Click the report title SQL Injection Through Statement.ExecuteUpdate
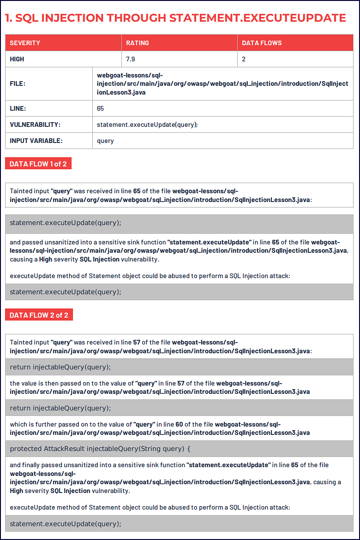point(175,18)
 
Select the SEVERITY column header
point(25,43)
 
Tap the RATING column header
point(138,43)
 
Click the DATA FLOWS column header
point(262,43)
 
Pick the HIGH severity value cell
point(17,59)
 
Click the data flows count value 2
point(244,59)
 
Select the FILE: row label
point(18,84)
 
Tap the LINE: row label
point(18,108)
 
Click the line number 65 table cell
point(101,108)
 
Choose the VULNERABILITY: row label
point(35,125)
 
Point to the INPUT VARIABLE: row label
point(36,141)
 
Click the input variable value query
point(105,141)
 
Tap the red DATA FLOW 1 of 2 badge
point(38,164)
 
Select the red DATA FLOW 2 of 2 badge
point(39,315)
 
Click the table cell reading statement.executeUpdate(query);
point(147,125)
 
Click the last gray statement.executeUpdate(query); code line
point(66,523)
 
